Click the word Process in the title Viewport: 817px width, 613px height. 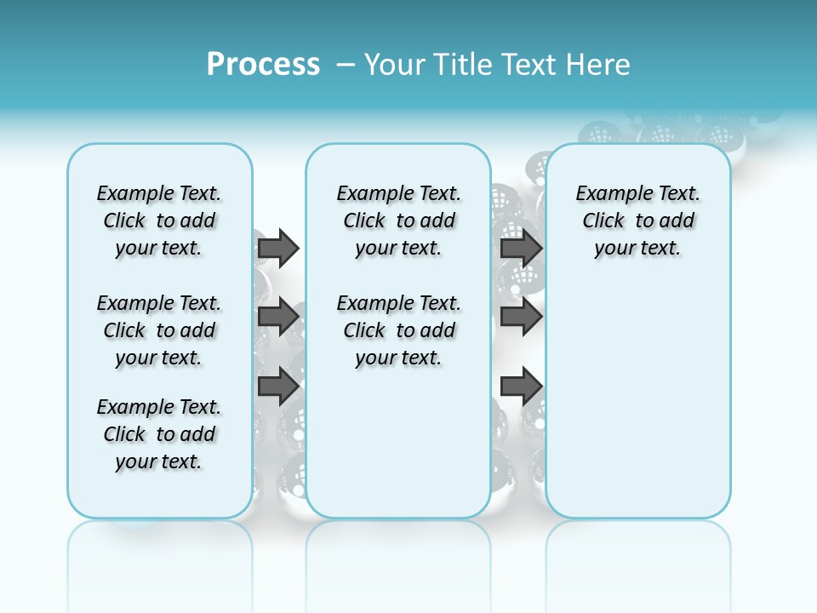click(x=263, y=64)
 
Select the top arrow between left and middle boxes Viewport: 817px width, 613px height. click(x=278, y=248)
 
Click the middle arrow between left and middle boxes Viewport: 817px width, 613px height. click(x=278, y=317)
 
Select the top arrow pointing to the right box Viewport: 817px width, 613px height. click(x=521, y=248)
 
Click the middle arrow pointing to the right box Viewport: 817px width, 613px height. click(x=521, y=317)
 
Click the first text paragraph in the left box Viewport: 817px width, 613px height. click(x=159, y=221)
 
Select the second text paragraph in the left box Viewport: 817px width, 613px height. click(x=159, y=330)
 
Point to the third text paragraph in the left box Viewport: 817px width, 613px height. click(x=159, y=434)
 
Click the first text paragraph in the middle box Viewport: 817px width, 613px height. click(x=398, y=221)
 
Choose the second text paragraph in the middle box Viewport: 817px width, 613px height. click(x=398, y=330)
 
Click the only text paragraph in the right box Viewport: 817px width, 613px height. click(x=637, y=221)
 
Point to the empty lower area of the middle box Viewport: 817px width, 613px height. click(x=398, y=443)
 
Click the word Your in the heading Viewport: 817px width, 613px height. click(x=394, y=64)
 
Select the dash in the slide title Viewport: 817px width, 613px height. click(x=346, y=64)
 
